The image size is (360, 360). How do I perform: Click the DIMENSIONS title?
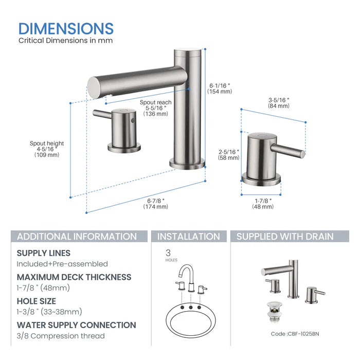66,28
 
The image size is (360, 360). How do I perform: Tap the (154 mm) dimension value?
220,92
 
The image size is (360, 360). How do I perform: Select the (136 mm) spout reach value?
156,114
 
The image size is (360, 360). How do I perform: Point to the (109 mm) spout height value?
47,155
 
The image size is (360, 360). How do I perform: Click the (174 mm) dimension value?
156,206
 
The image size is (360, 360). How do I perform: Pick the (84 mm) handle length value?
279,106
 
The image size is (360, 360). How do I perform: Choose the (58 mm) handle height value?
228,158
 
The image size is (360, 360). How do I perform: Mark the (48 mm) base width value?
262,206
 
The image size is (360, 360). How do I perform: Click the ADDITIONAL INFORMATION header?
77,237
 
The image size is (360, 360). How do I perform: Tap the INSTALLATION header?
188,237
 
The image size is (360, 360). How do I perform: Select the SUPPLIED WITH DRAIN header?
285,237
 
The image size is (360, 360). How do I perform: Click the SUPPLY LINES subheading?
44,253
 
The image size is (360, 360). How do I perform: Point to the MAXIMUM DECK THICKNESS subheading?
74,277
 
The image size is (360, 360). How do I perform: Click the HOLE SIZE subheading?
37,301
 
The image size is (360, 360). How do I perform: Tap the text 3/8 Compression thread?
61,336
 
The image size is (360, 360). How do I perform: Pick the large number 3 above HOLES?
168,253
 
